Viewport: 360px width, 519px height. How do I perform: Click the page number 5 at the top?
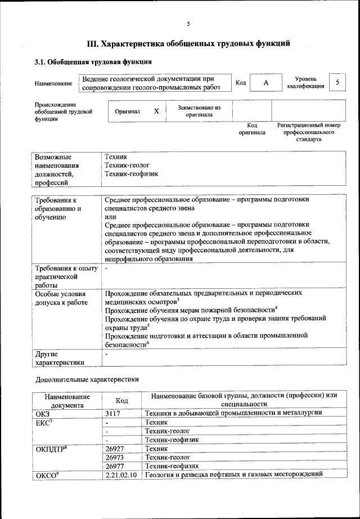tap(188, 23)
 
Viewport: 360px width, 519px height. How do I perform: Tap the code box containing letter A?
tap(265, 83)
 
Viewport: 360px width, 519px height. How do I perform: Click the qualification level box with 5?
tap(337, 82)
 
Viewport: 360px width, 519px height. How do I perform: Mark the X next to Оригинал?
tap(156, 111)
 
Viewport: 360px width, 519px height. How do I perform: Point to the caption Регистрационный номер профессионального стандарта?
tap(309, 132)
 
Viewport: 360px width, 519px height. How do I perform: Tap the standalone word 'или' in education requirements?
tap(110, 217)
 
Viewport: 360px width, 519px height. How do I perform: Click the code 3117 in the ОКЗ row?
tap(114, 413)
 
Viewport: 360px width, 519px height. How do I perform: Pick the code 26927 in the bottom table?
tap(115, 449)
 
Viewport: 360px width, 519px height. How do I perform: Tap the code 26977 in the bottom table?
tap(115, 466)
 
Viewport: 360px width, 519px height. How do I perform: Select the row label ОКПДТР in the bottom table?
tap(52, 449)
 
